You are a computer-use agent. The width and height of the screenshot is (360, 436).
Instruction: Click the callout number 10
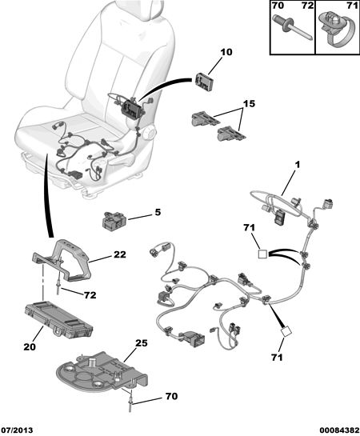[226, 52]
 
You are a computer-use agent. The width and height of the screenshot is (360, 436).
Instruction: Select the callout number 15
[249, 104]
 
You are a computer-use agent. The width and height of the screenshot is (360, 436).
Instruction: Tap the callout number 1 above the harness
[298, 165]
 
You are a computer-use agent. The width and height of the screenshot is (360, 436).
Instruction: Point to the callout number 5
[158, 213]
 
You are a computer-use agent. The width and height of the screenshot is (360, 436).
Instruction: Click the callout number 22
[119, 254]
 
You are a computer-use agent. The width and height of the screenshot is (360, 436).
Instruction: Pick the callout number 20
[30, 346]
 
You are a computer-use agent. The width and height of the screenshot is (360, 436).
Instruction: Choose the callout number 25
[142, 343]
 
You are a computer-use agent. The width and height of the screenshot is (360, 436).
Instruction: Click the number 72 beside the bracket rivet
[90, 295]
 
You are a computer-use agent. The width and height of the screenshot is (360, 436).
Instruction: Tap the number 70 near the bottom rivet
[171, 396]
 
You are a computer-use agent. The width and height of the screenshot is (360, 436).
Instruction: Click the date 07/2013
[17, 430]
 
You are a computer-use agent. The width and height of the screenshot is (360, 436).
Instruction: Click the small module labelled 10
[205, 82]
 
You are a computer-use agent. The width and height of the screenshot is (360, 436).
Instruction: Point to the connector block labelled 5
[114, 221]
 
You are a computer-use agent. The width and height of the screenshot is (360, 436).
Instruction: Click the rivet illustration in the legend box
[293, 27]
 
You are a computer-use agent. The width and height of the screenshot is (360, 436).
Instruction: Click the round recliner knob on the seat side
[149, 133]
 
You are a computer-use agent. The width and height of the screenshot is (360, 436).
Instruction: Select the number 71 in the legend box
[353, 6]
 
